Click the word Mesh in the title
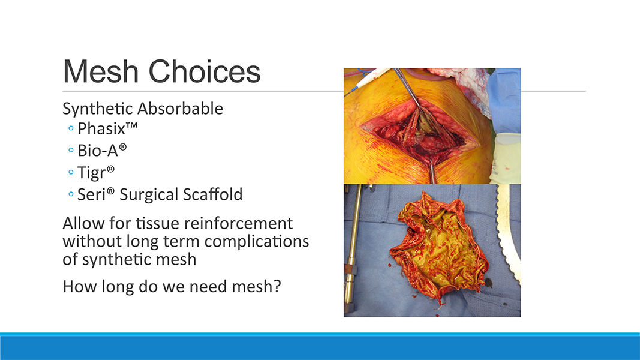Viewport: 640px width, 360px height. [x=101, y=71]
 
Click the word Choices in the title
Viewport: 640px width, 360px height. [x=205, y=71]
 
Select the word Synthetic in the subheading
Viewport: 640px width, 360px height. [x=98, y=109]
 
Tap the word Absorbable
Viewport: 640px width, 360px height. [x=180, y=109]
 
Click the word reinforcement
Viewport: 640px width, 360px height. [x=238, y=224]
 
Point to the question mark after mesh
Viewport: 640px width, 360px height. [x=278, y=286]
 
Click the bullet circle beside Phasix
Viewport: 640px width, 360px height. [x=71, y=128]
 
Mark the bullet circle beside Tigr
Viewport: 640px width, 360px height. [x=71, y=172]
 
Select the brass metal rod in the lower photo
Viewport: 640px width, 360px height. [x=351, y=249]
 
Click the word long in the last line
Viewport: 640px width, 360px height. [x=118, y=287]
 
